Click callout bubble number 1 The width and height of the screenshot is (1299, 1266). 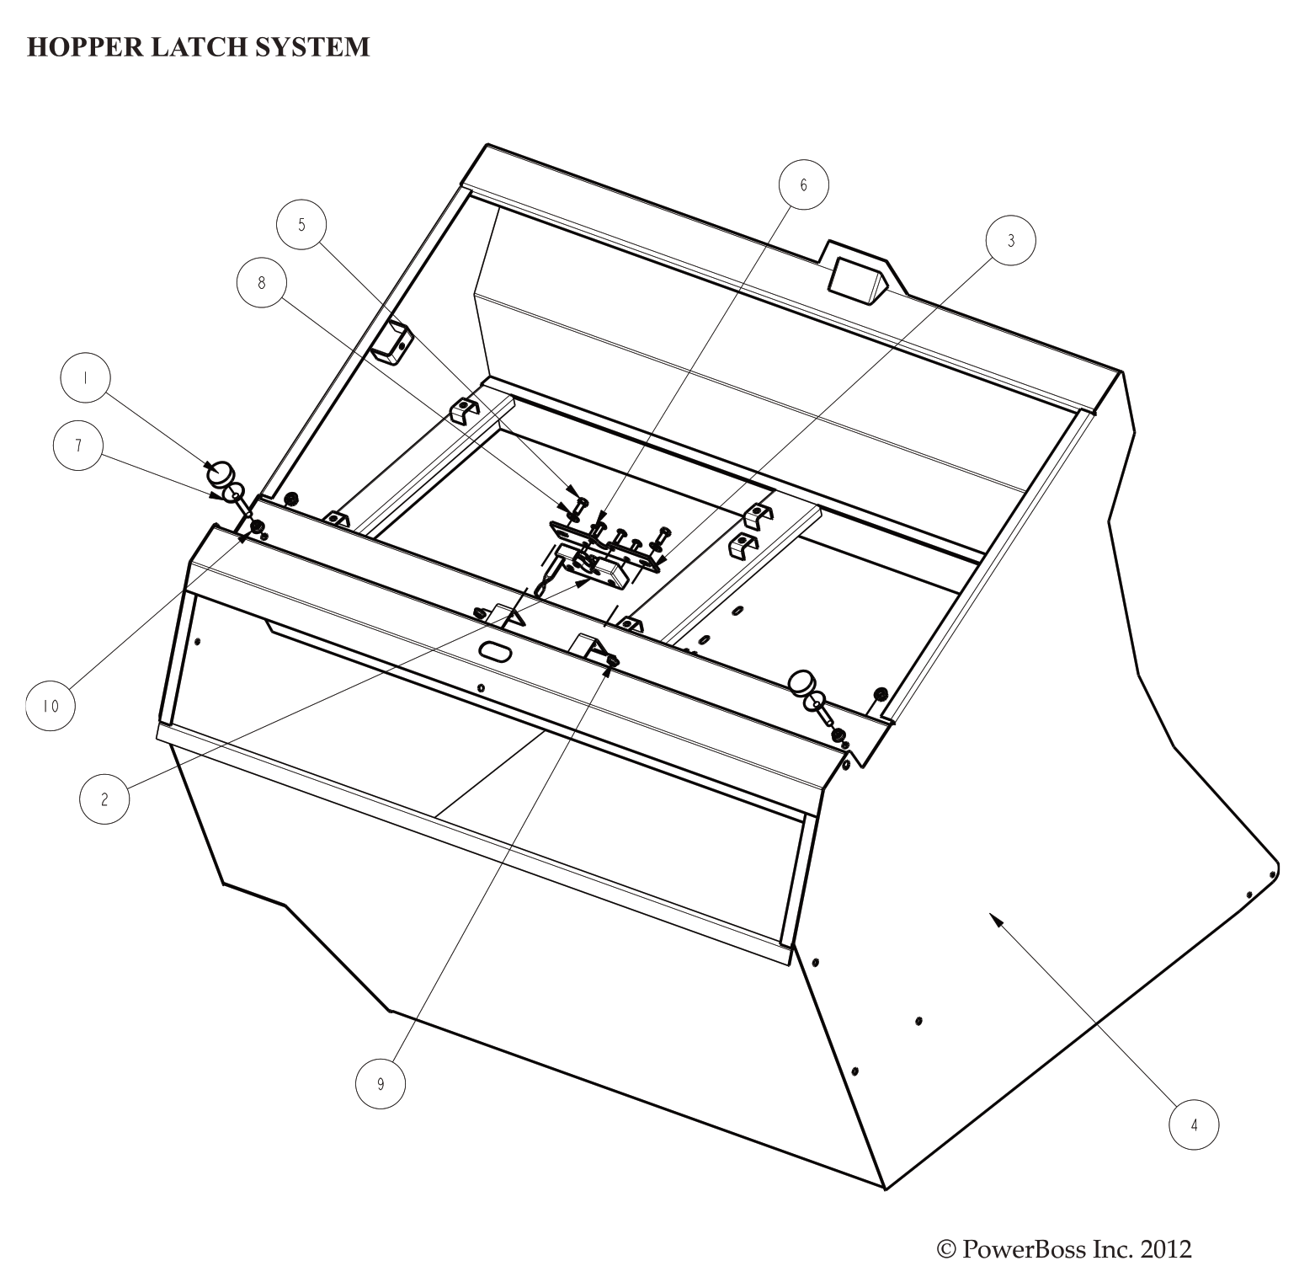coord(85,379)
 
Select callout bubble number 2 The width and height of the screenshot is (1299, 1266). coord(104,799)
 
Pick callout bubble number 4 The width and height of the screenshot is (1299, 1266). coord(1194,1124)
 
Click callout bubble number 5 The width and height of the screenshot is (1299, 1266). coord(301,224)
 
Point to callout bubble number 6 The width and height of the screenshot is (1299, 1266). coord(803,184)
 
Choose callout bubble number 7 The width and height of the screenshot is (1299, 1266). coord(78,446)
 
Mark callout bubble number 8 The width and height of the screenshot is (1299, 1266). coord(261,283)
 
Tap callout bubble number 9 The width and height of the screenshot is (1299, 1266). coord(380,1085)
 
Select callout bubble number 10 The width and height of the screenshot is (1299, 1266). coord(51,706)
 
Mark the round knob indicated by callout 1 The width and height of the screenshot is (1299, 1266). coord(221,474)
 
